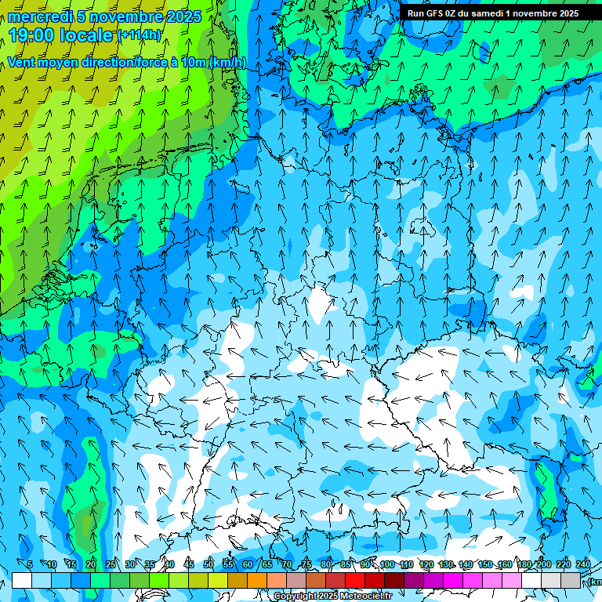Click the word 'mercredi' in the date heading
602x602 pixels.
(x=41, y=16)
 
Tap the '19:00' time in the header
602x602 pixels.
(x=34, y=35)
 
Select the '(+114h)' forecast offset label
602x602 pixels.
(x=140, y=34)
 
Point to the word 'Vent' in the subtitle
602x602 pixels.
(x=23, y=63)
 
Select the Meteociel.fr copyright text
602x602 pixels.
(x=332, y=597)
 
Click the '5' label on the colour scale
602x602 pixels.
(x=30, y=564)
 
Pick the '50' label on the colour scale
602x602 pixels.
(x=208, y=564)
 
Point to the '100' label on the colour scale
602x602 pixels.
(x=386, y=564)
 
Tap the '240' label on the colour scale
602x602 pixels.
(x=583, y=564)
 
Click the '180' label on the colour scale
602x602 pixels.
(x=524, y=564)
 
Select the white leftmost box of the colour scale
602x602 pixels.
(x=22, y=580)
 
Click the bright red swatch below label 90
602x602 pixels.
(x=355, y=580)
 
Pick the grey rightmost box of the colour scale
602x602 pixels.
(x=571, y=580)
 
